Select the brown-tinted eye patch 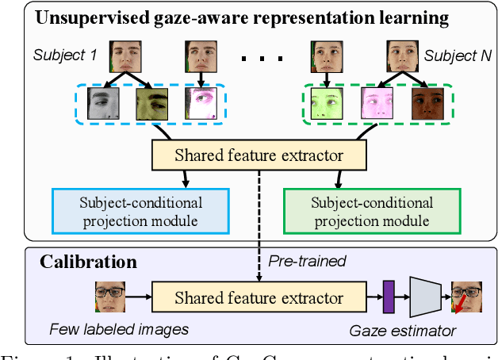coord(428,107)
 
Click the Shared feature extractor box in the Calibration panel coord(259,299)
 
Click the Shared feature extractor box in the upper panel coord(259,155)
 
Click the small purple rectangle coord(389,298)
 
